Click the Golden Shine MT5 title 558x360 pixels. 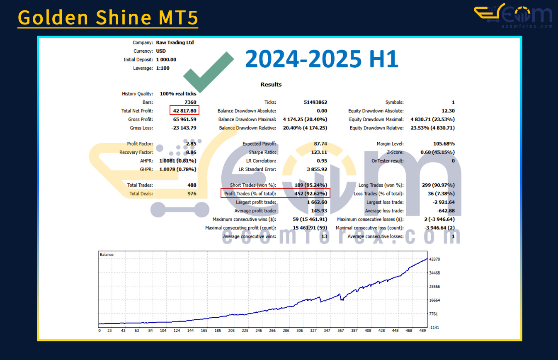pos(108,17)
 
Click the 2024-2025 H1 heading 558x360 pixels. pos(322,59)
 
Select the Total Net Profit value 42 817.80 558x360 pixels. pos(184,111)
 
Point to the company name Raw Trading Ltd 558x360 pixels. pos(175,42)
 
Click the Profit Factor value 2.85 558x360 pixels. pos(191,144)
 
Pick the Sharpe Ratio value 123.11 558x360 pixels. pos(319,152)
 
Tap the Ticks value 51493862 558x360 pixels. pos(315,102)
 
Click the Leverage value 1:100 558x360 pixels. pos(163,68)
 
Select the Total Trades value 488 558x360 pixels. pos(192,185)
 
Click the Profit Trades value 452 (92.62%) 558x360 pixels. pos(311,194)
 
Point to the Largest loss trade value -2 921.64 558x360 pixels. pos(444,202)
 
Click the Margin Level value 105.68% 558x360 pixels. pos(444,144)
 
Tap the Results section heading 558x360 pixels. pos(271,85)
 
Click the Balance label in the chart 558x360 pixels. pos(107,255)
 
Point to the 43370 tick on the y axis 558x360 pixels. pos(434,259)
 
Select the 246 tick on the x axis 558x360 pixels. pos(259,331)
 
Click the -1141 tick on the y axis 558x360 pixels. pos(434,328)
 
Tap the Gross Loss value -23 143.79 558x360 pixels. pos(184,128)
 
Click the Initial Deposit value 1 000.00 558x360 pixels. pos(166,60)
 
